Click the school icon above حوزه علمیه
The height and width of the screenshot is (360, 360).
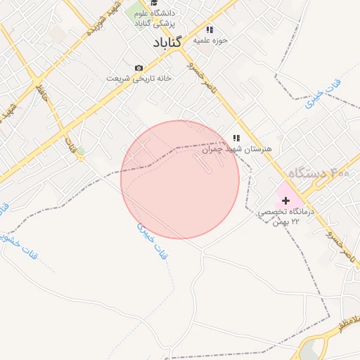[209, 30]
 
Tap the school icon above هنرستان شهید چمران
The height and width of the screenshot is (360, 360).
[236, 139]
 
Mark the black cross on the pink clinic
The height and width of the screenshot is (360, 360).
[285, 200]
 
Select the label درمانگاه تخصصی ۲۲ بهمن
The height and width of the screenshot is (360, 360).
[289, 216]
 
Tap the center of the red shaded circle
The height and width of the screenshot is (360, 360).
[180, 179]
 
